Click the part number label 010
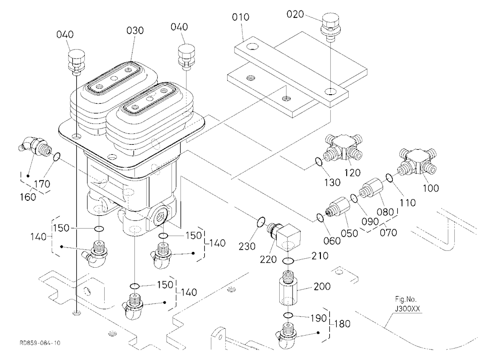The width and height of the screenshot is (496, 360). (x=241, y=17)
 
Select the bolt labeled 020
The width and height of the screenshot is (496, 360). (x=330, y=27)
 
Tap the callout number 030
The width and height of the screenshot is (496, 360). (x=135, y=31)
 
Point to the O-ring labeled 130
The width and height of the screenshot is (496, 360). (x=319, y=162)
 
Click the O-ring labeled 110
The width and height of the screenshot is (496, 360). (x=389, y=178)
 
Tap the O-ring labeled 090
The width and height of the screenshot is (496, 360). (x=355, y=199)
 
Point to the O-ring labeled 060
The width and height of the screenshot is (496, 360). (x=320, y=218)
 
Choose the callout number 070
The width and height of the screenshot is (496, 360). (x=388, y=233)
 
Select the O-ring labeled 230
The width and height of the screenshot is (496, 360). (x=261, y=222)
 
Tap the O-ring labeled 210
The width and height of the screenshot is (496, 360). (x=288, y=261)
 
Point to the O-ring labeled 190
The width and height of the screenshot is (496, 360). (x=288, y=315)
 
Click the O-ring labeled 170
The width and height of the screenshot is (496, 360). (x=56, y=157)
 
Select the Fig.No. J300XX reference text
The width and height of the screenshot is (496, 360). (x=407, y=303)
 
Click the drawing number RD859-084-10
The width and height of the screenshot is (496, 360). (x=40, y=343)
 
